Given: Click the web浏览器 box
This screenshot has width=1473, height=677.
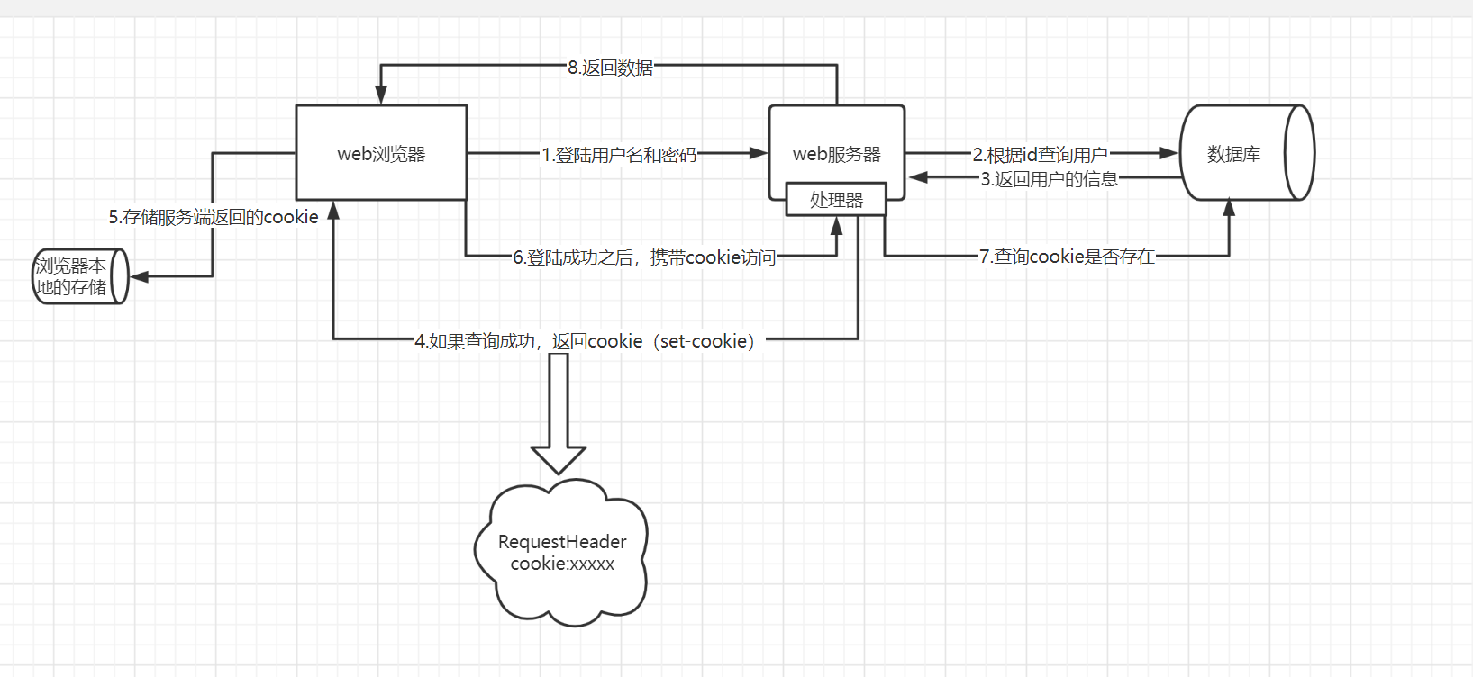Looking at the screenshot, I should tap(381, 153).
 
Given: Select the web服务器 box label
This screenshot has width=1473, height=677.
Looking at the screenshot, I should tap(836, 154).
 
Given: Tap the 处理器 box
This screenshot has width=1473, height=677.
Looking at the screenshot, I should tap(836, 200).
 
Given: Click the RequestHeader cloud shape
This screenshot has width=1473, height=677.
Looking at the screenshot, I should tap(562, 552).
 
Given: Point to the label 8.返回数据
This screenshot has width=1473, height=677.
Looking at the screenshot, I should tap(610, 68).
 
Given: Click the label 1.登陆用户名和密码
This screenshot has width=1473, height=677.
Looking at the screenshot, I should tap(619, 155).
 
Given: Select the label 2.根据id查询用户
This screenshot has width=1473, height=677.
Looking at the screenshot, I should tap(1040, 155).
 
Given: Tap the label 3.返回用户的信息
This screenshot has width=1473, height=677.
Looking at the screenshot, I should tap(1049, 179).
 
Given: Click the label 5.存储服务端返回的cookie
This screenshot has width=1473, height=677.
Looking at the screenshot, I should tap(214, 217).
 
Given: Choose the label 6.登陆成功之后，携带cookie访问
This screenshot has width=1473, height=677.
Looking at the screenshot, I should tap(644, 257).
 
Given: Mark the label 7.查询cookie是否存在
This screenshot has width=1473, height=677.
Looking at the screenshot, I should tap(1067, 257).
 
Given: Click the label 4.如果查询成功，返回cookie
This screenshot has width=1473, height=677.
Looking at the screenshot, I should tap(585, 341).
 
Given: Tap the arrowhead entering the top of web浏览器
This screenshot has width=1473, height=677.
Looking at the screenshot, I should tap(381, 95).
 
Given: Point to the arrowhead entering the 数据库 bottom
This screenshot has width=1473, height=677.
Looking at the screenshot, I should tap(1229, 209).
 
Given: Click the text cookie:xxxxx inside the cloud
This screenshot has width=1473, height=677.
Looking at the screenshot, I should tap(562, 564).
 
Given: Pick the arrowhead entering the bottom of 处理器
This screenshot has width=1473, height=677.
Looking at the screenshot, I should tap(836, 225).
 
